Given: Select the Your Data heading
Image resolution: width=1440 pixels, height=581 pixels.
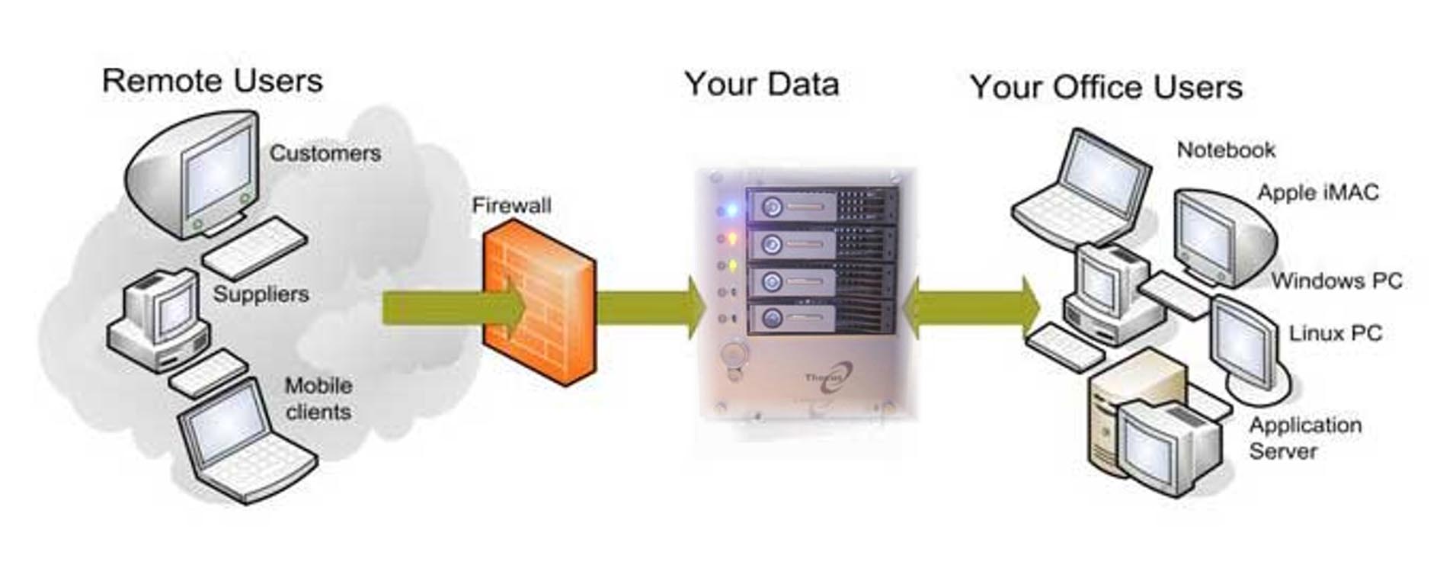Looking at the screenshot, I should [x=761, y=84].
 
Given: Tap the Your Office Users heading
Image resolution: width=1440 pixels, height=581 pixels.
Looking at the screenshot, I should [x=1106, y=88].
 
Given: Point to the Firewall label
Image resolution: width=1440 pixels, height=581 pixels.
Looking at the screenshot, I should [x=511, y=206].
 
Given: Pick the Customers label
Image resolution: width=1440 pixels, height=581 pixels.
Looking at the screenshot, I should [x=325, y=153].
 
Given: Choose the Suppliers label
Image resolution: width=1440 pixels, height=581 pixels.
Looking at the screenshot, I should [x=261, y=294].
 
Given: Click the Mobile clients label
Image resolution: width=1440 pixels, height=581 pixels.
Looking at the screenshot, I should [x=318, y=399].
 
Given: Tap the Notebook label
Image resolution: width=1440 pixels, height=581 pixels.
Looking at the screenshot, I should [x=1226, y=150].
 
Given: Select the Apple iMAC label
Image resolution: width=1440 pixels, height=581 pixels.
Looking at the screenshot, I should [x=1317, y=192].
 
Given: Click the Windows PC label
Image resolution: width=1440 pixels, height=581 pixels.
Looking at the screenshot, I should [x=1336, y=281].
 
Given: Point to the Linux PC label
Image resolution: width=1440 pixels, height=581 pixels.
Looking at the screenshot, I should [x=1335, y=333].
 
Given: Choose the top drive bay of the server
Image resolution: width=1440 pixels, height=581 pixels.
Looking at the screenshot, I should [x=821, y=207].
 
